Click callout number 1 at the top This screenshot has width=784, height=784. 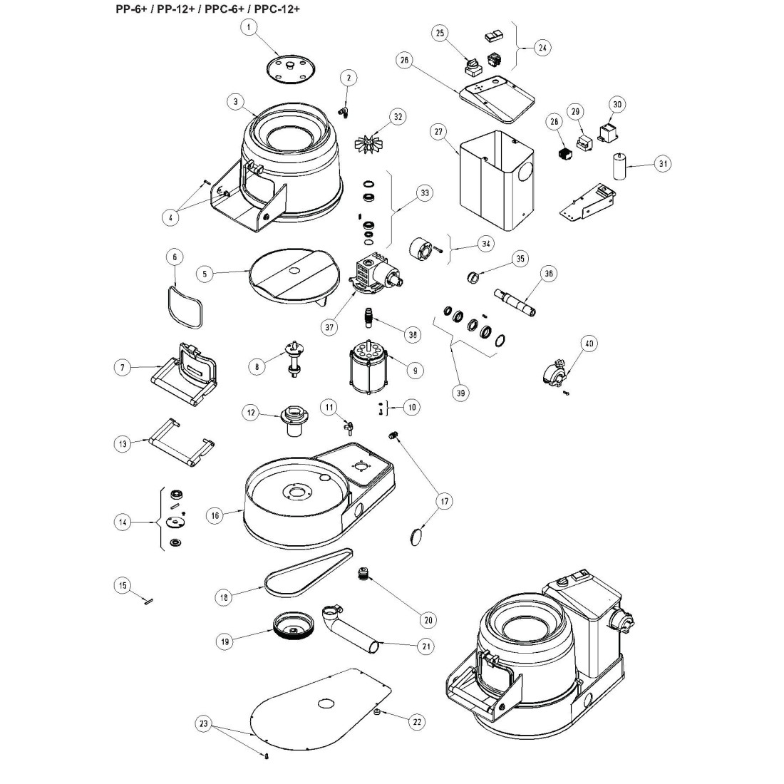(x=248, y=28)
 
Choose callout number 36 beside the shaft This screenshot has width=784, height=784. (x=548, y=273)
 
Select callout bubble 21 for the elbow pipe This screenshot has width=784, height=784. (x=426, y=646)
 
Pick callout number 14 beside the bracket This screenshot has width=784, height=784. (x=123, y=522)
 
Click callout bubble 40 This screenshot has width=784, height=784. (x=589, y=344)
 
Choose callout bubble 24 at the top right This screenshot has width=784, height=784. (x=543, y=48)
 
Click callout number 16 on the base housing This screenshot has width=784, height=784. (x=213, y=514)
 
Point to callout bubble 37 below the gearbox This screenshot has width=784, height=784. (x=329, y=327)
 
